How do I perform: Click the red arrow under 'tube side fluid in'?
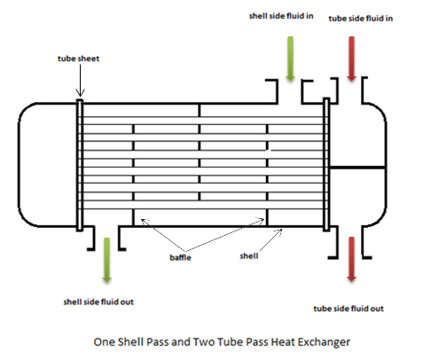point(352,59)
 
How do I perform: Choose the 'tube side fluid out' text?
point(349,308)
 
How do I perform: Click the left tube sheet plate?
point(80,164)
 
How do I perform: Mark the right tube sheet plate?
point(327,164)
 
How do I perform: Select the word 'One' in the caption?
point(105,340)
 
